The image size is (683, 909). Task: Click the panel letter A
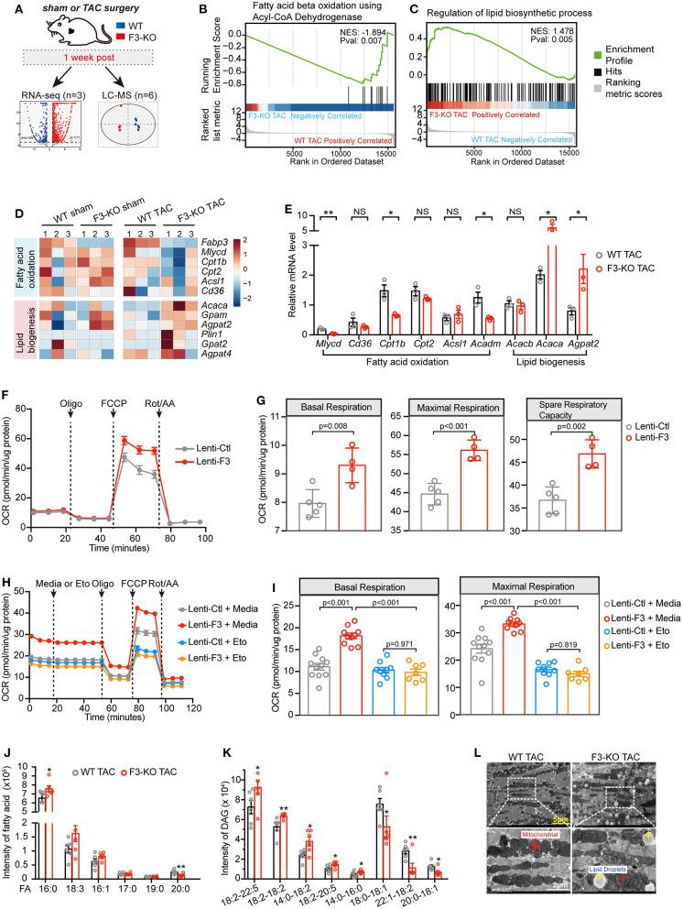coord(7,8)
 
